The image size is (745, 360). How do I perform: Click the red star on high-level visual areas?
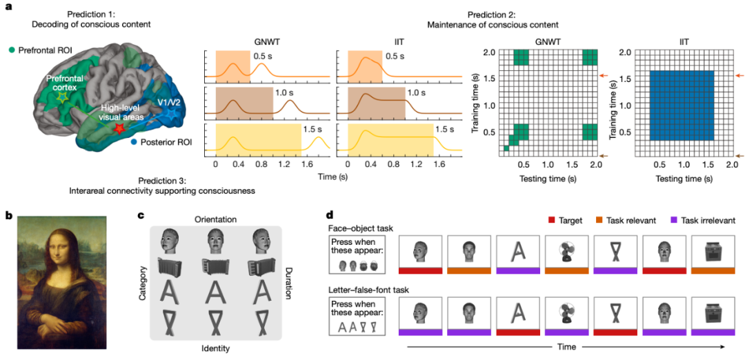click(119, 129)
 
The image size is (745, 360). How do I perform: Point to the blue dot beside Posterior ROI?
click(134, 142)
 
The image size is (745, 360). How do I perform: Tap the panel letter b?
click(9, 215)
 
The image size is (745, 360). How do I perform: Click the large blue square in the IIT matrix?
click(680, 106)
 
